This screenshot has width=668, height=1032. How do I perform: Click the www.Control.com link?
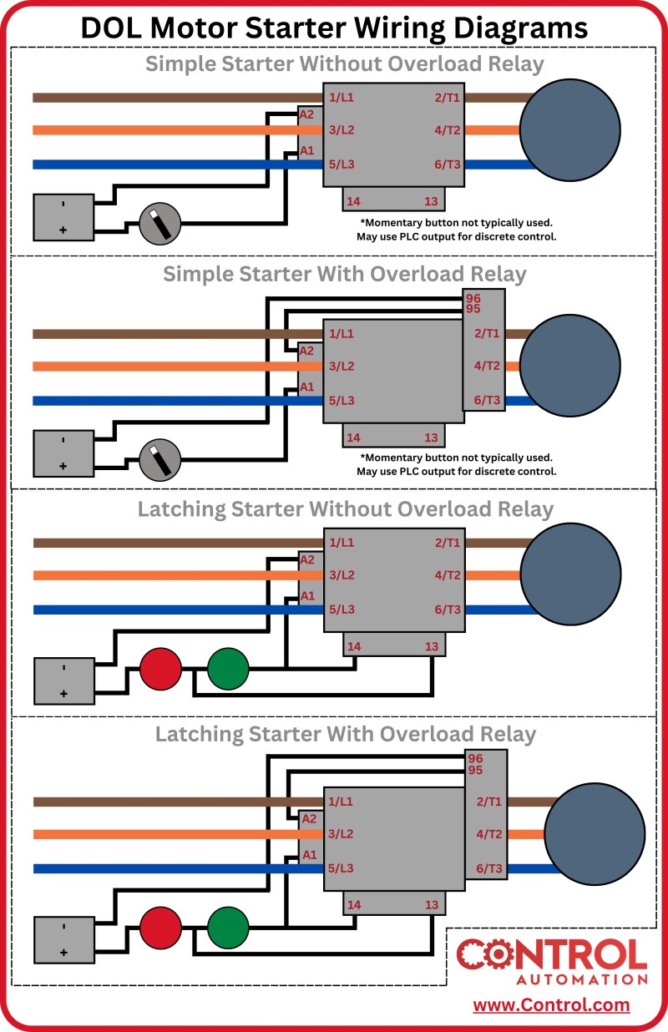tap(551, 1005)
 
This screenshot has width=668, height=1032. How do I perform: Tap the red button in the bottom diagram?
tap(160, 928)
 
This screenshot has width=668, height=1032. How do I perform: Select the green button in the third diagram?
tap(228, 669)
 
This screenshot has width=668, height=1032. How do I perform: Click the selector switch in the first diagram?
tap(159, 224)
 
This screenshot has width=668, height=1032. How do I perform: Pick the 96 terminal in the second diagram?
tap(473, 298)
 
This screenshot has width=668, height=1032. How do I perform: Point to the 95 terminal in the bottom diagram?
tap(475, 770)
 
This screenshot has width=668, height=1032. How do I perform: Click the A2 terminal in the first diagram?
tap(306, 114)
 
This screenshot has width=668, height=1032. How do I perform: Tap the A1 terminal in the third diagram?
tap(307, 596)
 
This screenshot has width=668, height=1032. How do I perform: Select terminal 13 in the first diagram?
tap(431, 201)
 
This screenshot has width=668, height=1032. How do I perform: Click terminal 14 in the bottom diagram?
tap(354, 905)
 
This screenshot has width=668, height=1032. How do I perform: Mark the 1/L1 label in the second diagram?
tap(342, 333)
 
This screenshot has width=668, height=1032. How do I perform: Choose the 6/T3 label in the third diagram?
tap(448, 610)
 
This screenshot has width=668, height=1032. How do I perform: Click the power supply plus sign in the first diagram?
tap(63, 230)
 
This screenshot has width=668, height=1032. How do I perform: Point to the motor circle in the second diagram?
tap(569, 366)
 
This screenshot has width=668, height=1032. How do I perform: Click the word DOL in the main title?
tap(111, 28)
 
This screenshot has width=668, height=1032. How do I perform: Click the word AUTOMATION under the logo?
tap(582, 979)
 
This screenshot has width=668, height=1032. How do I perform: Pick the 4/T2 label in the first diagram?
tap(448, 130)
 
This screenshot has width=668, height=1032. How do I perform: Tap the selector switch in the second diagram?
tap(159, 460)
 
